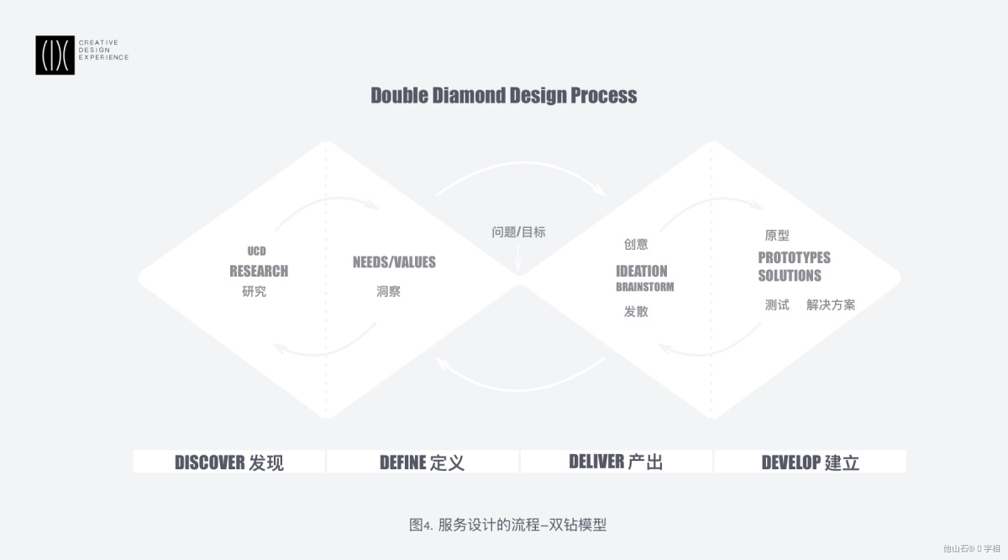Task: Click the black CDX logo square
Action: (55, 55)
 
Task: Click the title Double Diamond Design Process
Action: (503, 96)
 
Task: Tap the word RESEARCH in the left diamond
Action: (259, 271)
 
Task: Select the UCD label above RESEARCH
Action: (256, 251)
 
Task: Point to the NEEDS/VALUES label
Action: (394, 262)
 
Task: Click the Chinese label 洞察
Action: (388, 292)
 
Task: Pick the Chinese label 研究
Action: (255, 292)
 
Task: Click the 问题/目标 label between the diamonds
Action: (518, 232)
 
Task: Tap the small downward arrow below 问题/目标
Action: (518, 259)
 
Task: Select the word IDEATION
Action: (642, 271)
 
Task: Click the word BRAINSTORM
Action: (645, 287)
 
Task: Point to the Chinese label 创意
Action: (636, 244)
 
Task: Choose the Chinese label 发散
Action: (636, 311)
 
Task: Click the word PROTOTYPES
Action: (795, 257)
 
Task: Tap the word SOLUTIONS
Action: (790, 275)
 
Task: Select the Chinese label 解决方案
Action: (831, 305)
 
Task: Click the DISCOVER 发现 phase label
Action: (229, 462)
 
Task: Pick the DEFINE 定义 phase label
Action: (422, 462)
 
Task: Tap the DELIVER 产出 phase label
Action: (616, 462)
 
